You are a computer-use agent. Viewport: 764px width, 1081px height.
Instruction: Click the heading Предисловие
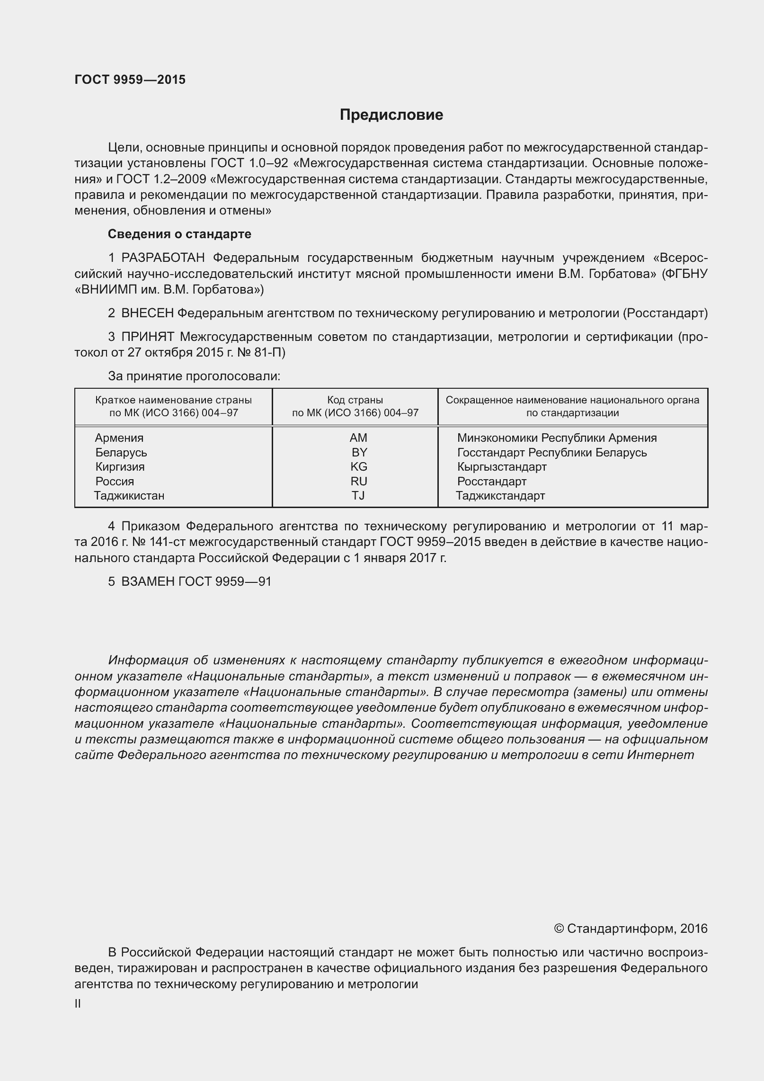391,115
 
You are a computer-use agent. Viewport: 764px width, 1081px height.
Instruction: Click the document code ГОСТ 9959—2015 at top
130,80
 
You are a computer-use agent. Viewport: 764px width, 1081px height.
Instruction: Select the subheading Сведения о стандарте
179,234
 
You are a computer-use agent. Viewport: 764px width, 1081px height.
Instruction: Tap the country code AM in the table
358,438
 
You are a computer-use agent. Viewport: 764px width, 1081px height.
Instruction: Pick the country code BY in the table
359,452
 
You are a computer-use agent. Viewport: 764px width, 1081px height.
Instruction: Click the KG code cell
359,467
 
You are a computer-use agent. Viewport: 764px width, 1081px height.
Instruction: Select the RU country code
359,482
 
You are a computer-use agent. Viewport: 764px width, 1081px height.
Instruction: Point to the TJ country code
358,496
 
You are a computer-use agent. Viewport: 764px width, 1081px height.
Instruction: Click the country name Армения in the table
119,438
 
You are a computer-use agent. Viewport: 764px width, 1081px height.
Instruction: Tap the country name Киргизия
120,467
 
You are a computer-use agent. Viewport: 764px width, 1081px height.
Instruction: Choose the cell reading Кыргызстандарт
502,467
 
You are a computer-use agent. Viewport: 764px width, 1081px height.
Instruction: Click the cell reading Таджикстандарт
500,496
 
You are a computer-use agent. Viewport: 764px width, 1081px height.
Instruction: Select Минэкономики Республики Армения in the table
557,438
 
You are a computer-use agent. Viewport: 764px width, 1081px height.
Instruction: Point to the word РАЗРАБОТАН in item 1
163,258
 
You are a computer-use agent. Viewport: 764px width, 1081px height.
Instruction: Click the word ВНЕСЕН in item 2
148,313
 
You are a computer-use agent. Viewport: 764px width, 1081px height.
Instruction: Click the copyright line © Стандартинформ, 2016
631,929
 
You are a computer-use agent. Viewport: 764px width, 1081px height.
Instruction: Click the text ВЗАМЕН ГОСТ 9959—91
196,581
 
